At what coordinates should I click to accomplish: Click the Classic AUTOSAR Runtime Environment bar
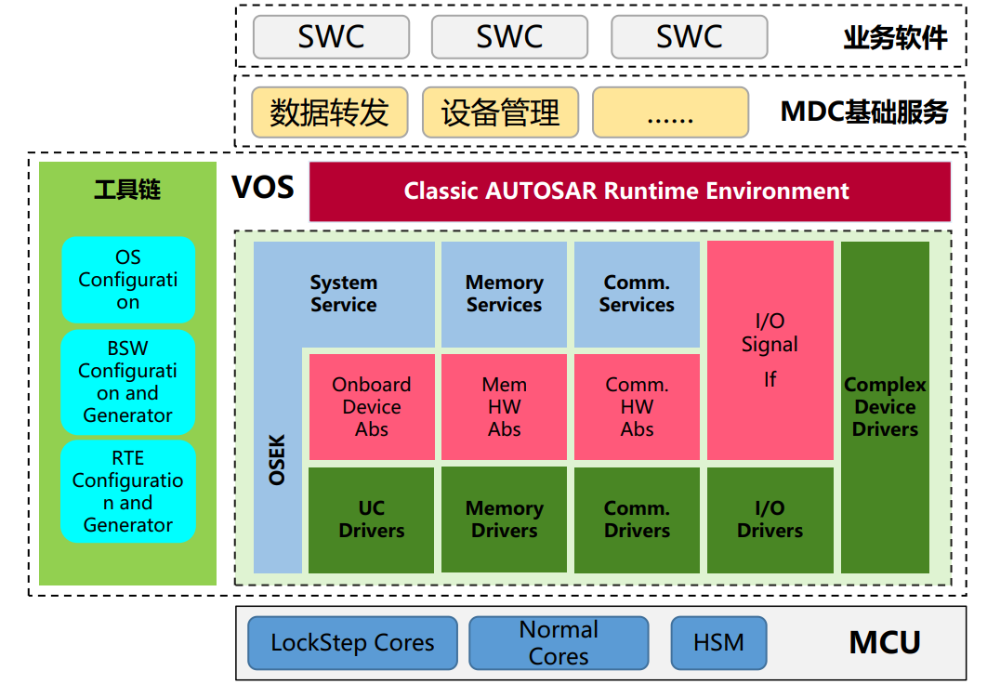(629, 191)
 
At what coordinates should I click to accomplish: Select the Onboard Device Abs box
(371, 407)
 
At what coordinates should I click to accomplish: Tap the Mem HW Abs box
(504, 407)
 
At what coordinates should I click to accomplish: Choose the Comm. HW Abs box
(637, 407)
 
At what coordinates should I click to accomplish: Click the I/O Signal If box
(770, 350)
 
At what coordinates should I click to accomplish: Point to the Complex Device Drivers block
(885, 407)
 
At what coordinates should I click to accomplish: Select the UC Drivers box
(371, 520)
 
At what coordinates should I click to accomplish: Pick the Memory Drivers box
(504, 520)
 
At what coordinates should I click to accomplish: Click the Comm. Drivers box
(637, 520)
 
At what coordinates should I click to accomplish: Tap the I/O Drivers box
(770, 520)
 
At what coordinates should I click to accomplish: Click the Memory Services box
(504, 294)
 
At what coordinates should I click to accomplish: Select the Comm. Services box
(637, 294)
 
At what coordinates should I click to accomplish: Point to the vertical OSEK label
(277, 459)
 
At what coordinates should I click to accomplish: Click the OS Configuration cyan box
(128, 280)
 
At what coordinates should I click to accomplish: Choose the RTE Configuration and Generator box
(128, 492)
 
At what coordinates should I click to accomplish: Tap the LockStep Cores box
(352, 643)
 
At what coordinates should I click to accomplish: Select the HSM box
(718, 643)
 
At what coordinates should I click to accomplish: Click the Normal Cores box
(559, 643)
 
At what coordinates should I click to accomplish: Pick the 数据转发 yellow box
(329, 112)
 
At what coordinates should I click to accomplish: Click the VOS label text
(262, 189)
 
